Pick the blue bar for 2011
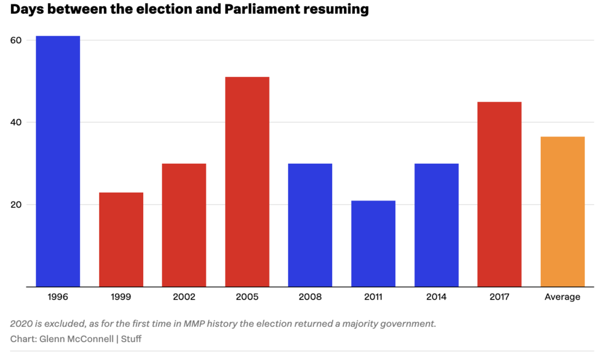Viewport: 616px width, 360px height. pyautogui.click(x=374, y=244)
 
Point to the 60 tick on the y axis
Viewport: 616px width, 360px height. pyautogui.click(x=16, y=40)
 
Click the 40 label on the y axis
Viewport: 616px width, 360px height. pyautogui.click(x=16, y=122)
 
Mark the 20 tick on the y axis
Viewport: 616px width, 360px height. pyautogui.click(x=16, y=205)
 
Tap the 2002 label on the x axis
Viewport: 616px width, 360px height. pyautogui.click(x=184, y=297)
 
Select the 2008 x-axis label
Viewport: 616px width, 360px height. pyautogui.click(x=310, y=297)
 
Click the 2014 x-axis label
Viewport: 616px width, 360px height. pyautogui.click(x=436, y=297)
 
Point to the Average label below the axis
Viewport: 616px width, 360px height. pyautogui.click(x=562, y=297)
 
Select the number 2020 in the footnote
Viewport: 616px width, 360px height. pyautogui.click(x=22, y=324)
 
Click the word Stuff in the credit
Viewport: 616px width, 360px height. pyautogui.click(x=131, y=339)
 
